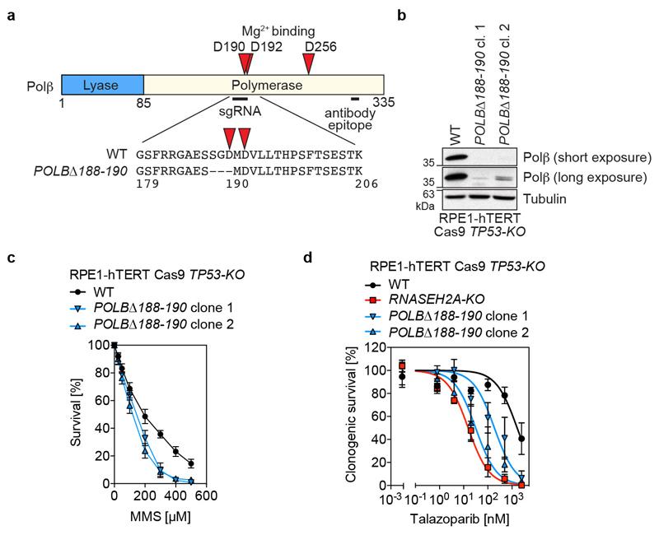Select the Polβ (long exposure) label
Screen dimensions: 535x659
coord(587,178)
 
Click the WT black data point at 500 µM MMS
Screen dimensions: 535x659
coord(191,463)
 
